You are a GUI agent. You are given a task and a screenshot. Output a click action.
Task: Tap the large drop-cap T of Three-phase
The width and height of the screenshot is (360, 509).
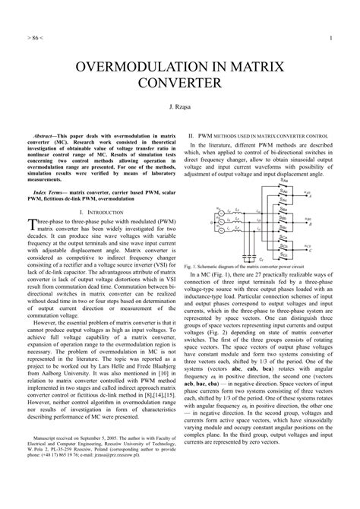coord(31,225)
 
